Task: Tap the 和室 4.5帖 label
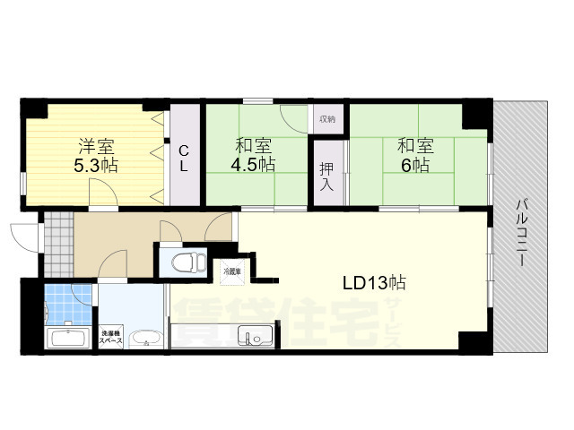255,155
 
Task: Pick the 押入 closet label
328,175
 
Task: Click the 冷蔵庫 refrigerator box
233,268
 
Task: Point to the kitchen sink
252,338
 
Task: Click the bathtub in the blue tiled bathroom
68,338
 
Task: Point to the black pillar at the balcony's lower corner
473,342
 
